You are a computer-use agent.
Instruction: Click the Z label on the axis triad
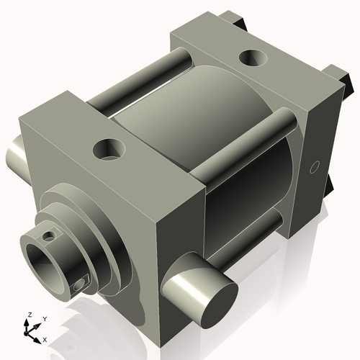[x=28, y=315]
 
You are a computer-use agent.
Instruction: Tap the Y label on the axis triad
[x=44, y=318]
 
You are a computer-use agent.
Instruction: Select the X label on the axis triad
[x=45, y=338]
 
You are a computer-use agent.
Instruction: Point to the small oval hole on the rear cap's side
[x=313, y=167]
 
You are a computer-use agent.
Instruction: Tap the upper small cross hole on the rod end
[x=48, y=235]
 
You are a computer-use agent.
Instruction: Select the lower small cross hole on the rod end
[x=79, y=287]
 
